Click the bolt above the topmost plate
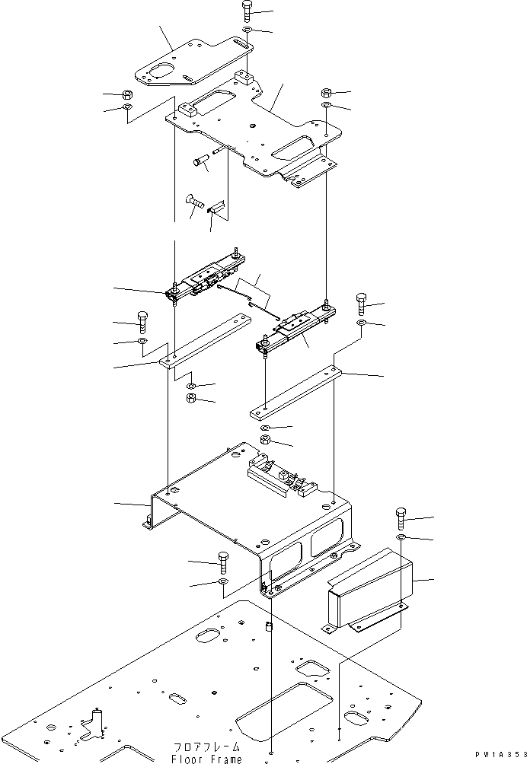(x=247, y=11)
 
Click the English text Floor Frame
(x=208, y=759)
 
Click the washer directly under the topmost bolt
(x=248, y=30)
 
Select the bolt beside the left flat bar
(x=142, y=320)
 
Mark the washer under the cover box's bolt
(x=401, y=539)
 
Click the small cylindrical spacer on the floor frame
(x=268, y=630)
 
